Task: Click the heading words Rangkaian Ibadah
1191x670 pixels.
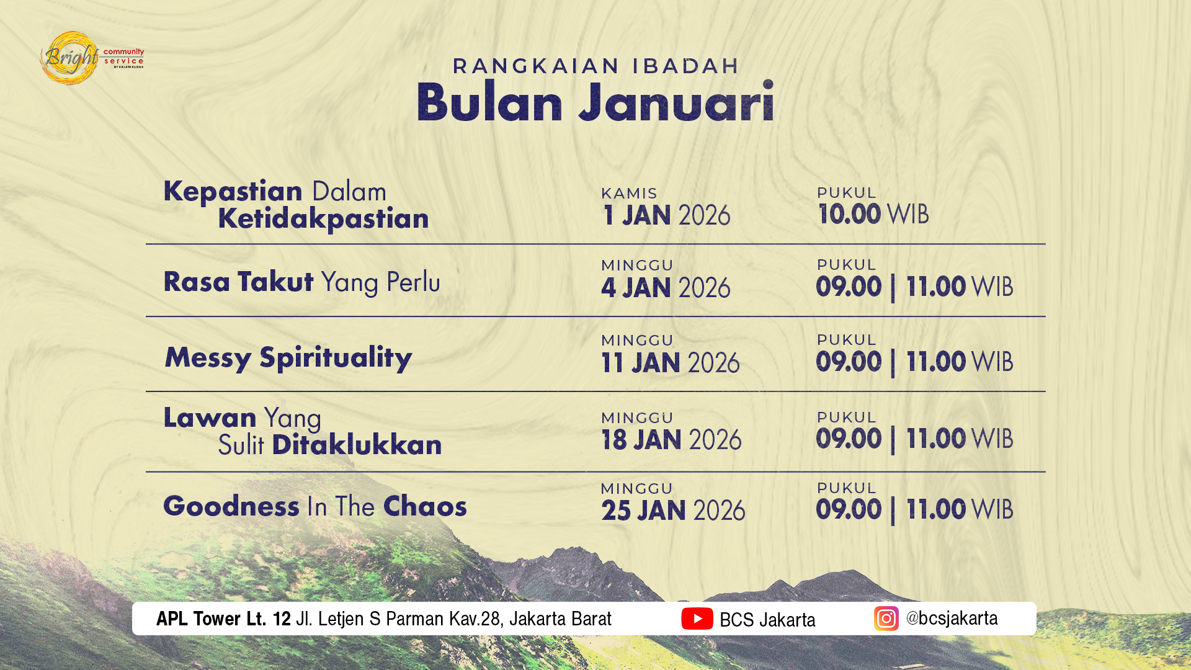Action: click(595, 66)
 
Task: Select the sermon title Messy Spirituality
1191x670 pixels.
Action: click(288, 358)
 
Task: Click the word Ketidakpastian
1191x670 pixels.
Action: click(323, 219)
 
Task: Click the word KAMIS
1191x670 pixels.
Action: click(629, 194)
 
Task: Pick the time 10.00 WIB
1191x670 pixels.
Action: click(873, 215)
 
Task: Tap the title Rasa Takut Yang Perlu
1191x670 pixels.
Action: click(301, 282)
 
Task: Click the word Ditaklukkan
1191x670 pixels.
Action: click(357, 445)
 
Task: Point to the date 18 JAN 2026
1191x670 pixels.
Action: click(671, 440)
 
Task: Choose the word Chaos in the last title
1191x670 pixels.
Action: click(425, 507)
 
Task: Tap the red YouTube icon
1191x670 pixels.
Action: click(697, 619)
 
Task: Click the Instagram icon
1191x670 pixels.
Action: click(886, 619)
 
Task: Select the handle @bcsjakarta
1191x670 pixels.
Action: click(952, 619)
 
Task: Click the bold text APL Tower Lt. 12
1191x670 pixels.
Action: click(223, 619)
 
